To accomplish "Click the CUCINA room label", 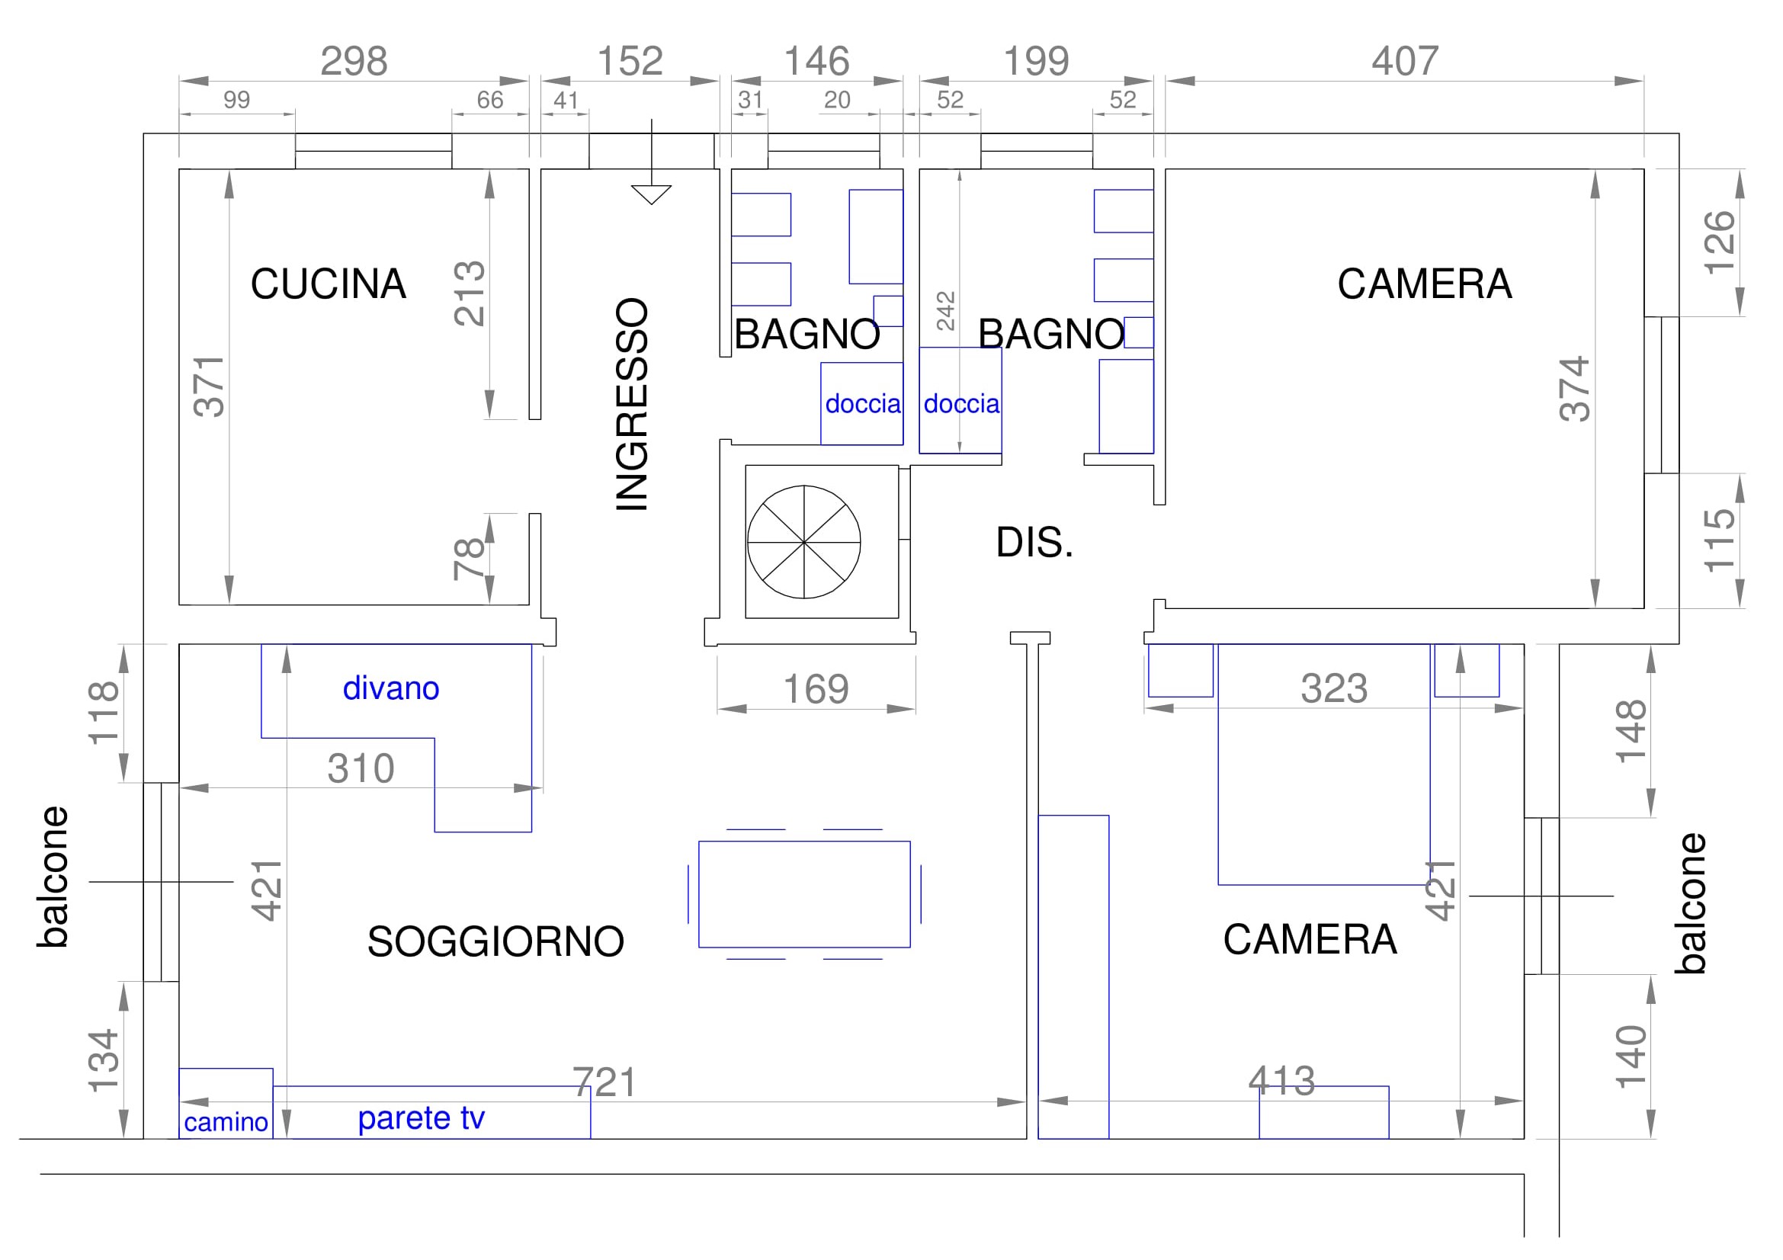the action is point(328,284).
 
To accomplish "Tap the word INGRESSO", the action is point(632,404).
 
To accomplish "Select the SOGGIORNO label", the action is point(495,941).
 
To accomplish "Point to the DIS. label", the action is point(1034,543).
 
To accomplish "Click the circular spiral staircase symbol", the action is point(803,542).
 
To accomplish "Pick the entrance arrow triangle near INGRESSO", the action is point(652,195).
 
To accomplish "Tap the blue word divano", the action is point(390,688).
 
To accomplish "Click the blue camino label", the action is point(226,1123).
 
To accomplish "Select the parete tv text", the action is point(421,1119).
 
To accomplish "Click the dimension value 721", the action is point(605,1083).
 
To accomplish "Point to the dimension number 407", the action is point(1405,61).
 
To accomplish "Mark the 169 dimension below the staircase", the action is point(816,689).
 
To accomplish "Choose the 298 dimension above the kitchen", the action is point(354,61).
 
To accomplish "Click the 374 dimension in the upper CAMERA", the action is point(1576,389).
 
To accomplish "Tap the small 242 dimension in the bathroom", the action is point(946,311).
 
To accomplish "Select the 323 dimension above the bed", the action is point(1334,688).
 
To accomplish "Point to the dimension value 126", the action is point(1718,242).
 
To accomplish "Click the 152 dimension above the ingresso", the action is point(630,61).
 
